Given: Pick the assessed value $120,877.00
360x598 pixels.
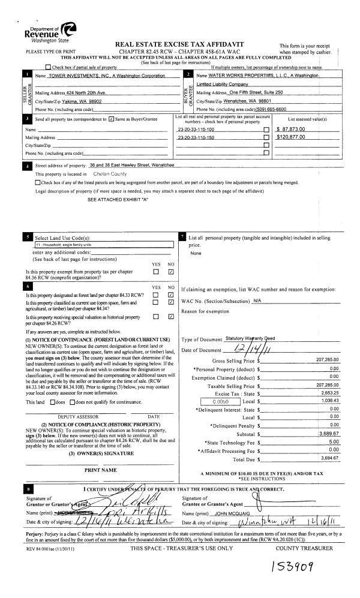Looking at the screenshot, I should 292,137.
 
